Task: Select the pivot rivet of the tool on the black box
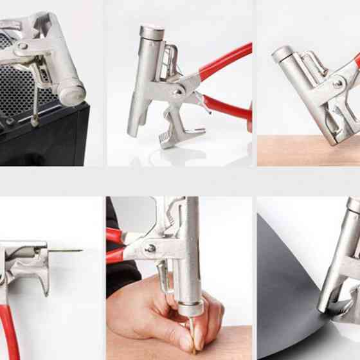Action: (x=22, y=46)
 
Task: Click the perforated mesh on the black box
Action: (x=16, y=90)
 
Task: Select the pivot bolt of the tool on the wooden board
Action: (x=337, y=83)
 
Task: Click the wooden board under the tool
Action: (x=296, y=152)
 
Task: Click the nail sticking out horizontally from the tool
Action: (x=64, y=251)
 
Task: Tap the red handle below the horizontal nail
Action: (x=10, y=328)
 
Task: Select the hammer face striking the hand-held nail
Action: (x=190, y=309)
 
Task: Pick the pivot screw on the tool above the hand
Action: (x=150, y=248)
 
